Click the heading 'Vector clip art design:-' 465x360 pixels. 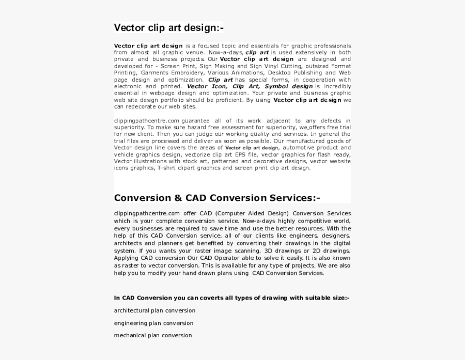(x=168, y=27)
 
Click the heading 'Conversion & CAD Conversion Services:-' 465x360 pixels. (x=217, y=198)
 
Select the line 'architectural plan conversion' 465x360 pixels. (x=154, y=310)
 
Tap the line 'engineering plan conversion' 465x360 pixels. (x=153, y=323)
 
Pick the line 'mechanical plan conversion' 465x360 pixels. (x=152, y=335)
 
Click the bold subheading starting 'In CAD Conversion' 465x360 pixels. (x=231, y=298)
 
